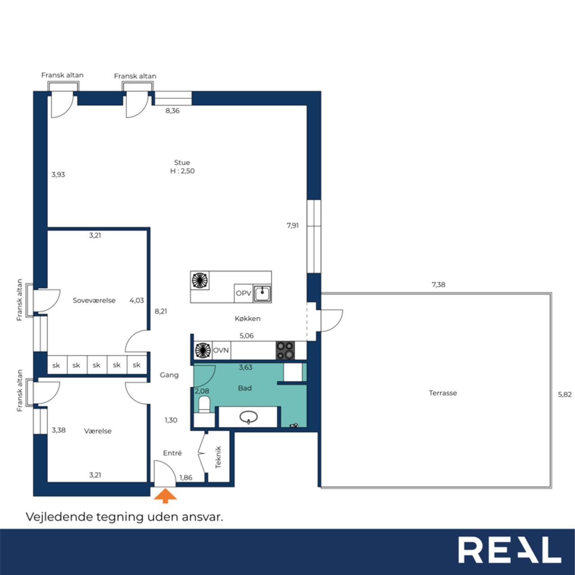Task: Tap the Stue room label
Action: pyautogui.click(x=182, y=163)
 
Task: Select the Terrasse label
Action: pyautogui.click(x=443, y=393)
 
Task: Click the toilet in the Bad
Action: pyautogui.click(x=204, y=405)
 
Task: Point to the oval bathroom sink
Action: pyautogui.click(x=248, y=416)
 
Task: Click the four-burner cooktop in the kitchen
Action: pyautogui.click(x=285, y=350)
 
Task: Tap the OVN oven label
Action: pyautogui.click(x=221, y=350)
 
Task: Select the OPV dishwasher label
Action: pyautogui.click(x=243, y=293)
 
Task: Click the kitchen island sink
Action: pyautogui.click(x=262, y=293)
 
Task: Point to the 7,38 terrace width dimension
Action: pyautogui.click(x=438, y=285)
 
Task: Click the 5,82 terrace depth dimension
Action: pyautogui.click(x=565, y=394)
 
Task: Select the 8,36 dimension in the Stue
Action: pyautogui.click(x=172, y=111)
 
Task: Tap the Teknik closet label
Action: pyautogui.click(x=218, y=457)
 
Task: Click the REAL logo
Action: pyautogui.click(x=510, y=550)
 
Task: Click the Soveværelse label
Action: pyautogui.click(x=94, y=301)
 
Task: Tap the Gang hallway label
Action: pyautogui.click(x=169, y=375)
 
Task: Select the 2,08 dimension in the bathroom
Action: pyautogui.click(x=202, y=391)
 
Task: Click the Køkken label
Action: pyautogui.click(x=248, y=318)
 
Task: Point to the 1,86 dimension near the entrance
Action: pyautogui.click(x=186, y=478)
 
